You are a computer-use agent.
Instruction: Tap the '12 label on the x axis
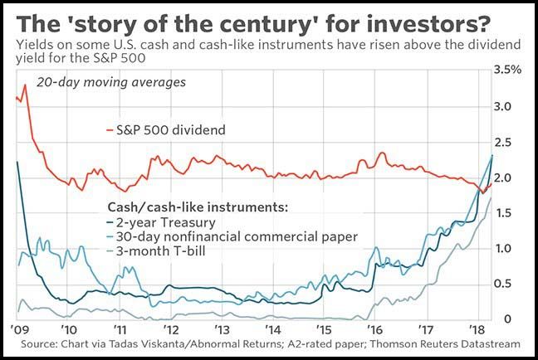tap(175, 328)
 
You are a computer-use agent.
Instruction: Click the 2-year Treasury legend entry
tap(164, 221)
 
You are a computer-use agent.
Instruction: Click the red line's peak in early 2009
tap(25, 85)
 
